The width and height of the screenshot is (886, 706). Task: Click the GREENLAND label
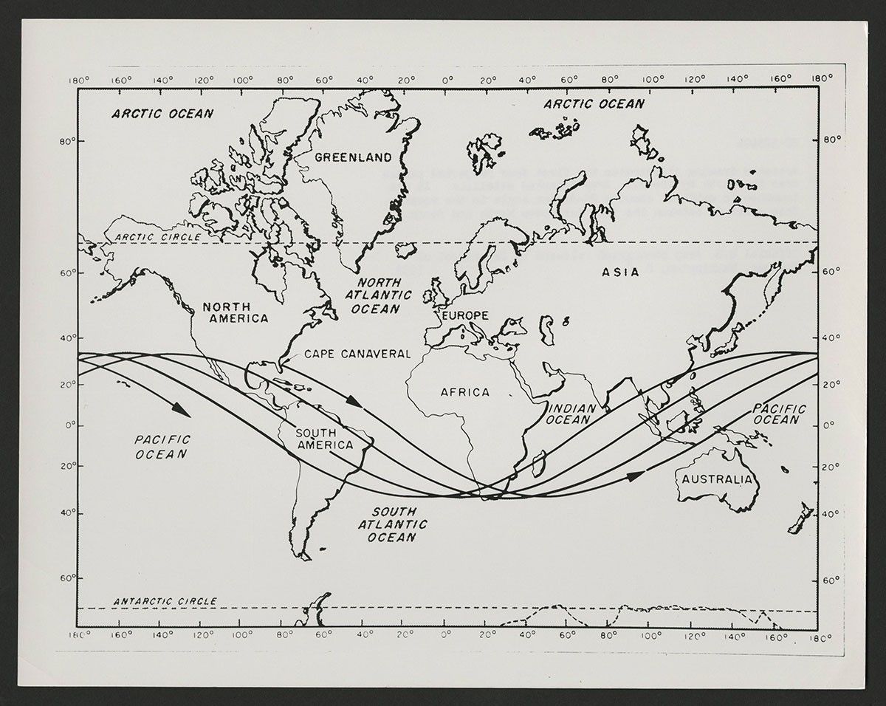353,157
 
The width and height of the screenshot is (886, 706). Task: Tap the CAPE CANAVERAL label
357,354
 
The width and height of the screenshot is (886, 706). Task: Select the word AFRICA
465,392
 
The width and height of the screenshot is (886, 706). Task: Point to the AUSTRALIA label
717,479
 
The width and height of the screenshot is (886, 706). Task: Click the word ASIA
620,273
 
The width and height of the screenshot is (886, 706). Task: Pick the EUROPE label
465,315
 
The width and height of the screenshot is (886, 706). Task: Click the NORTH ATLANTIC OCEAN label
380,295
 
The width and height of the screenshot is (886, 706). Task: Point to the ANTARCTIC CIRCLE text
165,602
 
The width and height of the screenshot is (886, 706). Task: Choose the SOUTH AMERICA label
324,439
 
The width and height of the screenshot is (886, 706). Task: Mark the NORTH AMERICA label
236,312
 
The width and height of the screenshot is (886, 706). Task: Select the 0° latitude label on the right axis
830,426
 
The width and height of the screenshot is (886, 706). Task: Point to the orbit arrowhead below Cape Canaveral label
355,403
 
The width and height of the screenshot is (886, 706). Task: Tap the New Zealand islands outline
799,518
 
